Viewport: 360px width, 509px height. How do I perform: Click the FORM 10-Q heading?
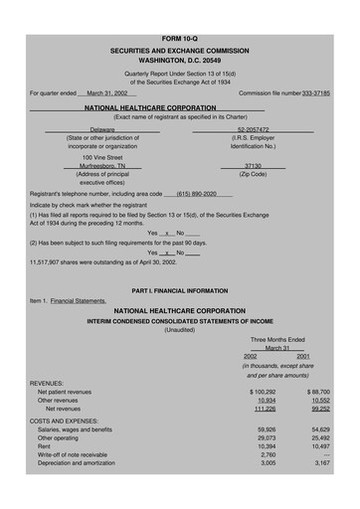[179, 9]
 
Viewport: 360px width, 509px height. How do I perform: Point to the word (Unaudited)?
[179, 330]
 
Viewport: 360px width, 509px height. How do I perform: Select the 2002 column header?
[250, 356]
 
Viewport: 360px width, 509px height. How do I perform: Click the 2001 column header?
[302, 356]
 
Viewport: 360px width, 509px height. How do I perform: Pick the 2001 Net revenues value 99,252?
[319, 409]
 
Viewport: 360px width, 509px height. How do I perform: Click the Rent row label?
[45, 446]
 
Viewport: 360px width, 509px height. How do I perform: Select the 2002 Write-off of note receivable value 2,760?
[267, 454]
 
